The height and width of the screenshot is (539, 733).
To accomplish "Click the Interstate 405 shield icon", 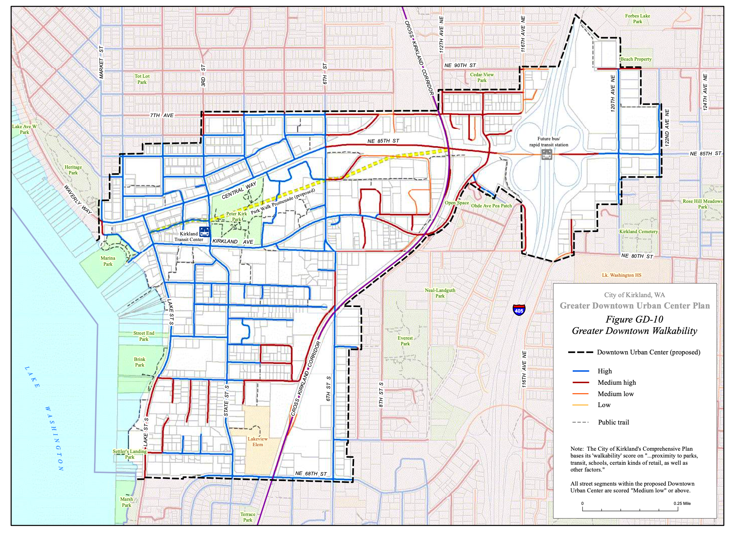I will (x=519, y=310).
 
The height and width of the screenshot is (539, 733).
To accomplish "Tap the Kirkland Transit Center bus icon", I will (x=204, y=232).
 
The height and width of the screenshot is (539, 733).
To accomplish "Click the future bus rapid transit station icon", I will (x=547, y=154).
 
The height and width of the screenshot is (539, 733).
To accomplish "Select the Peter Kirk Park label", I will (x=237, y=216).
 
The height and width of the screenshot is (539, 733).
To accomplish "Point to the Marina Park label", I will (x=108, y=261).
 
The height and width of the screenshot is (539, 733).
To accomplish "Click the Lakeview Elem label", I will (x=258, y=442).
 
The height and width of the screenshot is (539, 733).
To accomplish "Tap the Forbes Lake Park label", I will (x=637, y=19).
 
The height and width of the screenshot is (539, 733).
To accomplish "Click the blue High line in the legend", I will (x=581, y=371).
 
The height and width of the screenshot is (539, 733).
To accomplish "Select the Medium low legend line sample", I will (x=581, y=394).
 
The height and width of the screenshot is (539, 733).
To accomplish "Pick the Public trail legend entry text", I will (x=613, y=422).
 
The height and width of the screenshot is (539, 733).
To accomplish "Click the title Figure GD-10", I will (x=634, y=319).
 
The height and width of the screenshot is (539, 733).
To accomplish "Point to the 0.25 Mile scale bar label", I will (x=682, y=503).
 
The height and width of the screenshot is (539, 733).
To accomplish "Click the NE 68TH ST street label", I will (x=311, y=473).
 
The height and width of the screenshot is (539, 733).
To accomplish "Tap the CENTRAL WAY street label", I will (x=239, y=190).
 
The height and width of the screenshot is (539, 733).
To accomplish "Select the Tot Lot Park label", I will (x=142, y=79).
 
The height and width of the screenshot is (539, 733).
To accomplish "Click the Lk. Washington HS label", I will (x=622, y=275).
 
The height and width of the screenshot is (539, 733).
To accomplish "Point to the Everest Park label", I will (x=405, y=341).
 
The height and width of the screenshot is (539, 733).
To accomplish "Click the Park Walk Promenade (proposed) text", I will (x=283, y=201).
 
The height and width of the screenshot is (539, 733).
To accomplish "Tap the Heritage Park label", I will (x=73, y=170).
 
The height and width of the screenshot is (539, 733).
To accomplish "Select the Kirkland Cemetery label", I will (x=639, y=232).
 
